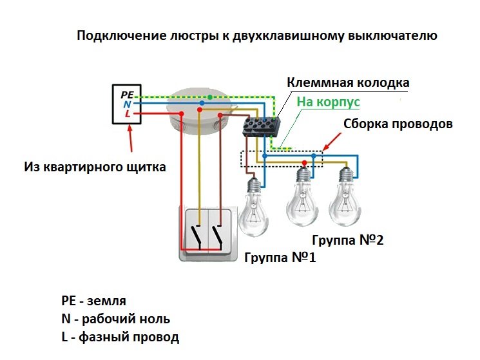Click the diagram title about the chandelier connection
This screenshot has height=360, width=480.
pyautogui.click(x=257, y=36)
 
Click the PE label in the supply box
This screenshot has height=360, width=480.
pyautogui.click(x=127, y=94)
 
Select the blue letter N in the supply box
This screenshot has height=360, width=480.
pyautogui.click(x=127, y=104)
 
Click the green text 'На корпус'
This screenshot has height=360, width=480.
pyautogui.click(x=328, y=102)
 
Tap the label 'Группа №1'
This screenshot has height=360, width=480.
pyautogui.click(x=280, y=258)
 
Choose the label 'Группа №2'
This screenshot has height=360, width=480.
pyautogui.click(x=347, y=241)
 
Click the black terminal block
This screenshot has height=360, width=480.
pyautogui.click(x=262, y=125)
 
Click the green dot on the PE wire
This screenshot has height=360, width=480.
pyautogui.click(x=210, y=97)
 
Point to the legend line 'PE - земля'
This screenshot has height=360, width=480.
pyautogui.click(x=93, y=301)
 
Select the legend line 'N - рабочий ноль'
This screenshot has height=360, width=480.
pyautogui.click(x=116, y=319)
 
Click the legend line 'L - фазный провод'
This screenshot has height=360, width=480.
pyautogui.click(x=120, y=336)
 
